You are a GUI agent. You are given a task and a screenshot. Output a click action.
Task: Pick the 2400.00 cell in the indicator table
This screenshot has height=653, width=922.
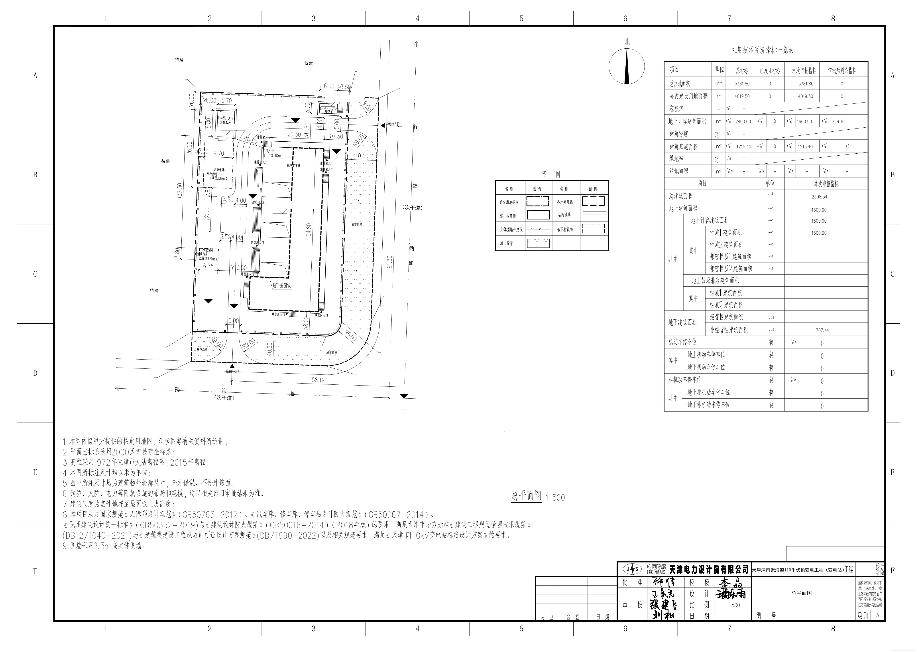click(x=743, y=121)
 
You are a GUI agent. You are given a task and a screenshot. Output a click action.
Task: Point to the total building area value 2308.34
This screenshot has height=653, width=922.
click(x=819, y=197)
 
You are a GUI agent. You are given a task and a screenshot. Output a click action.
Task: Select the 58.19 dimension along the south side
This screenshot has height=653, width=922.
click(x=318, y=380)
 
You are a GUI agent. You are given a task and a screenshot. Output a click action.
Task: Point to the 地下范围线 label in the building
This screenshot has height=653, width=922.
click(x=281, y=285)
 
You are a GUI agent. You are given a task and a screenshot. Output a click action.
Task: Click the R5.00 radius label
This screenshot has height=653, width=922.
click(x=350, y=336)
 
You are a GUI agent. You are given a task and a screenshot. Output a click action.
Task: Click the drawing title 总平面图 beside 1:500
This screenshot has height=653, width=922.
click(x=526, y=496)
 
